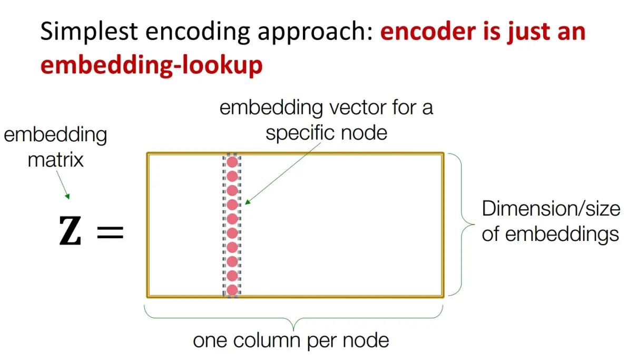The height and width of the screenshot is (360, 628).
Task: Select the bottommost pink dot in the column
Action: coord(232,289)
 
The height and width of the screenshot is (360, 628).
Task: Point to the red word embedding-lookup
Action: coord(151,66)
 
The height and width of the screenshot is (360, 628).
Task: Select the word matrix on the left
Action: coord(55,159)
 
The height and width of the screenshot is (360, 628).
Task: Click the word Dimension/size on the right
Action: coord(551,209)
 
